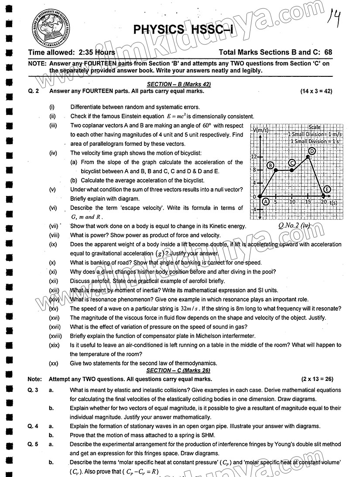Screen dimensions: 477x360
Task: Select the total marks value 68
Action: click(328, 52)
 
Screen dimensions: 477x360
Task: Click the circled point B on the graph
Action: click(271, 165)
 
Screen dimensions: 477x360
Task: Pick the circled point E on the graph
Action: click(327, 189)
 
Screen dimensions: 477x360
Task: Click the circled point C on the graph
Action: click(292, 163)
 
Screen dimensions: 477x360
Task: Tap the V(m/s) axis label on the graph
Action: click(261, 130)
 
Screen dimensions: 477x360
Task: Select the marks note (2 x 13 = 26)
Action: click(317, 379)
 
